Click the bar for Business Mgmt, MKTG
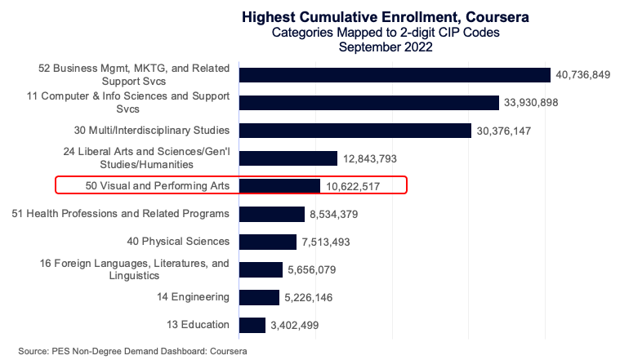coord(395,75)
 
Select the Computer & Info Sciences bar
coord(368,103)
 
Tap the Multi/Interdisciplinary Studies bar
coord(355,131)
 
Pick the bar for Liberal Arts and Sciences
coord(288,158)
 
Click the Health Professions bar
coord(272,214)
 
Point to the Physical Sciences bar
coord(268,242)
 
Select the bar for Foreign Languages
coord(261,269)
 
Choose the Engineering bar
coord(259,297)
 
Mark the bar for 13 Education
coord(252,325)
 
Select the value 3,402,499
coord(295,325)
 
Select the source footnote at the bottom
coord(132,350)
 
